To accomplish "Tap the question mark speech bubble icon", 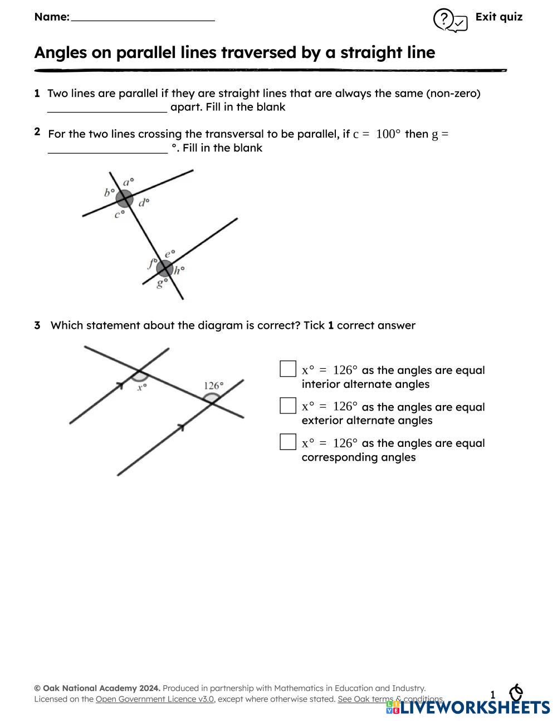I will point(449,21).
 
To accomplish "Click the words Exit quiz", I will point(499,17).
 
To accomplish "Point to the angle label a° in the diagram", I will point(129,182).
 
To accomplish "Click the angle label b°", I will point(109,193).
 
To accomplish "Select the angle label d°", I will point(144,203).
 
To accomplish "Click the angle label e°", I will point(170,254).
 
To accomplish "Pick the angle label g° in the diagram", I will point(162,283).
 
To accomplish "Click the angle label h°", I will point(179,271).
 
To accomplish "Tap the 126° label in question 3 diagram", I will point(213,386).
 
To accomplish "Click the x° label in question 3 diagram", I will point(142,387).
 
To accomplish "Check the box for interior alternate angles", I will point(287,369).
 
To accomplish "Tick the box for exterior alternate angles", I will point(287,406).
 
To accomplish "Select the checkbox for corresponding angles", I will point(287,442).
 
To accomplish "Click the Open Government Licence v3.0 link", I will point(155,699).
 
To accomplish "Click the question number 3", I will point(37,325).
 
